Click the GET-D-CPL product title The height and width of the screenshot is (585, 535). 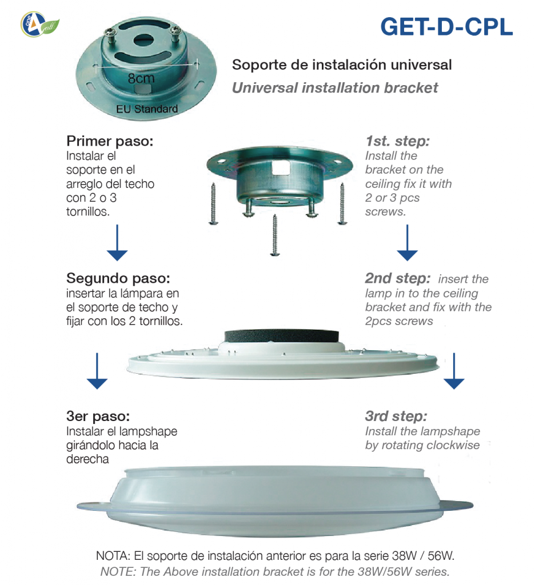446,27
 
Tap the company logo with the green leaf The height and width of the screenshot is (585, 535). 39,25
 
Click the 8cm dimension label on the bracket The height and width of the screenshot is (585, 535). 141,79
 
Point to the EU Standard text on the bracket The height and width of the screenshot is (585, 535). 147,109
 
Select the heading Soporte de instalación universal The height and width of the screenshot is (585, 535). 342,65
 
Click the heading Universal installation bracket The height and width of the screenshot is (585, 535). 335,87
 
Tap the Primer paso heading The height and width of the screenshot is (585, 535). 110,141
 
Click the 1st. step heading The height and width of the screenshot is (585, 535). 397,141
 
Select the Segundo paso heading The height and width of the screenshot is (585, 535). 118,279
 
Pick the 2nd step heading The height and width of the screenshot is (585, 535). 397,279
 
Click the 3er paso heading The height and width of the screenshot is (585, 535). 98,416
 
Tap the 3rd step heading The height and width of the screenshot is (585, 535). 396,416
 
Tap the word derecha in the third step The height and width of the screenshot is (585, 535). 88,459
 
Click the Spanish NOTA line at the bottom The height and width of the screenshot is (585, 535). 275,556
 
